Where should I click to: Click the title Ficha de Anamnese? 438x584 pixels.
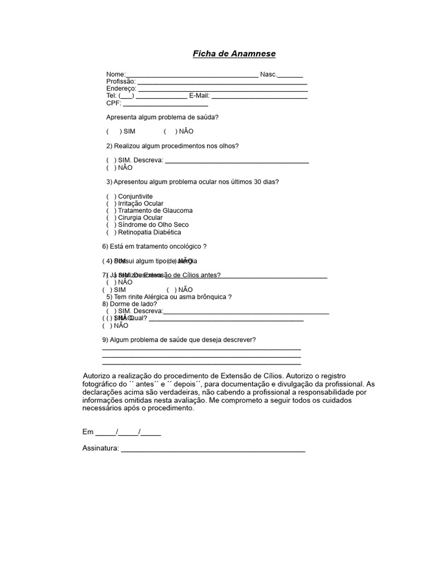[x=233, y=54]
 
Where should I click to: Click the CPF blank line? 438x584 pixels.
[x=165, y=104]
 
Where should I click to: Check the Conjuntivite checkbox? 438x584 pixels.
[x=111, y=196]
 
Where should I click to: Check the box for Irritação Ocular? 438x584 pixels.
[x=111, y=204]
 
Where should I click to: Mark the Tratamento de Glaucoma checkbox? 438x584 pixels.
[x=111, y=210]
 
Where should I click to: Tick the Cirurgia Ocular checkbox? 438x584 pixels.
[x=111, y=218]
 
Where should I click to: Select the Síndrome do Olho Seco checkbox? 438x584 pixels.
[x=111, y=225]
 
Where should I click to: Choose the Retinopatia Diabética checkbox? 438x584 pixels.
[x=111, y=232]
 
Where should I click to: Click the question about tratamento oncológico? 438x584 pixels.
[x=154, y=246]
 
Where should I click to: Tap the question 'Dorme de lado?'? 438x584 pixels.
[x=129, y=304]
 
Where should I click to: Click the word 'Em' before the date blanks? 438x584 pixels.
[x=88, y=432]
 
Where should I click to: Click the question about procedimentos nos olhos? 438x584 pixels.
[x=176, y=146]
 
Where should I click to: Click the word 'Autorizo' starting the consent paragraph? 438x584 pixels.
[x=98, y=376]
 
